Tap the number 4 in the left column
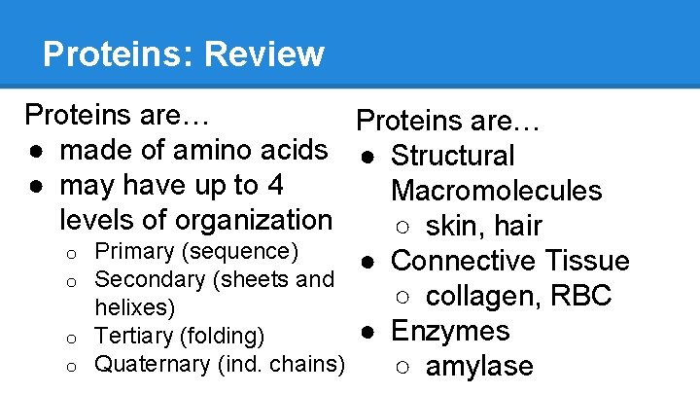coord(275,185)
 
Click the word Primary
coord(134,251)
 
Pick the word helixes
coord(134,308)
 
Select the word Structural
coord(453,156)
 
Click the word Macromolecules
coord(497,191)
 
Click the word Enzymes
coord(450,331)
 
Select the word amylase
coord(480,367)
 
